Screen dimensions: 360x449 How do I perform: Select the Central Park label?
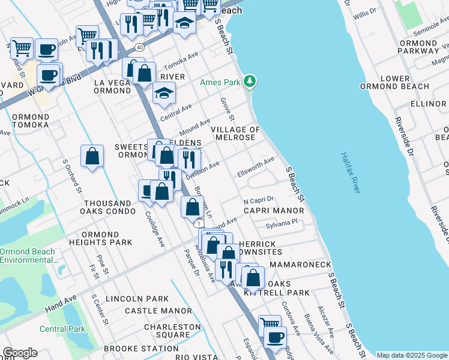[x=62, y=329]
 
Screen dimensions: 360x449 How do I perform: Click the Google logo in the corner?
[x=20, y=353]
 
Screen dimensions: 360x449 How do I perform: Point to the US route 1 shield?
[x=197, y=223]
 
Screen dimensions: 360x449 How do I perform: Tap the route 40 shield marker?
[x=140, y=47]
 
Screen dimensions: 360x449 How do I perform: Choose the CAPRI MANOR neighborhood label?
[x=274, y=211]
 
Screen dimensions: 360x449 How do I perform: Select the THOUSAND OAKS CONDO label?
[x=107, y=208]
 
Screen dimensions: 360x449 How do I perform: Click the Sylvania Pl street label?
[x=282, y=224]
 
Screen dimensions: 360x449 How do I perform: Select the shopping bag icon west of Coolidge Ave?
[x=92, y=157]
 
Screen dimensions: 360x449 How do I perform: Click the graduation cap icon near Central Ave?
[x=164, y=92]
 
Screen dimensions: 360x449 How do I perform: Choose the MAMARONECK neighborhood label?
[x=300, y=264]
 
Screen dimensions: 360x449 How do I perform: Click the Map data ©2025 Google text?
[x=412, y=355]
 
